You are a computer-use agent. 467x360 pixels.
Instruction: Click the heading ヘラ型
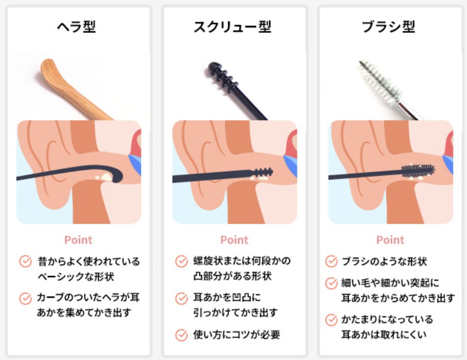coord(77,27)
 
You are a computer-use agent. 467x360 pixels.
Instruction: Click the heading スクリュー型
coord(232,27)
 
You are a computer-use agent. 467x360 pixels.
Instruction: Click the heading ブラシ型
coord(388,27)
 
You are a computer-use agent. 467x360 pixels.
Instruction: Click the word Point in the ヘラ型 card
coord(78,240)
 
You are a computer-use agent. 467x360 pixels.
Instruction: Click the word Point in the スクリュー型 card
coord(234,240)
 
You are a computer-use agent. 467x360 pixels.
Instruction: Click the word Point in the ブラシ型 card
coord(390,240)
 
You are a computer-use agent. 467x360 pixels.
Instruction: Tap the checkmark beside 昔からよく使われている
coord(26,261)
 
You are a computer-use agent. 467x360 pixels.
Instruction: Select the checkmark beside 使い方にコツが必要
coord(181,335)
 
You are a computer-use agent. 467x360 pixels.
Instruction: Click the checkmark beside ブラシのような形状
coord(331,261)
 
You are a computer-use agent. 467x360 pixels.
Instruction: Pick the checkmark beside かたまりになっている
coord(331,320)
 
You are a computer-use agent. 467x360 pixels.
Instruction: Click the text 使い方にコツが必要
coord(237,335)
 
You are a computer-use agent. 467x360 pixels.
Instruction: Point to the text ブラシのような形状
coord(384,261)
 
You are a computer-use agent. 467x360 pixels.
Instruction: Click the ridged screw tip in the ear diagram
coord(263,173)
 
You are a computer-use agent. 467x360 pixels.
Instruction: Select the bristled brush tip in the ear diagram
coord(418,171)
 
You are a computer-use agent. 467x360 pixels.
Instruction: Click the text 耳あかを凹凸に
coord(227,297)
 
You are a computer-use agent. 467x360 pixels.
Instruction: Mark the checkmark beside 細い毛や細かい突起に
coord(331,283)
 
